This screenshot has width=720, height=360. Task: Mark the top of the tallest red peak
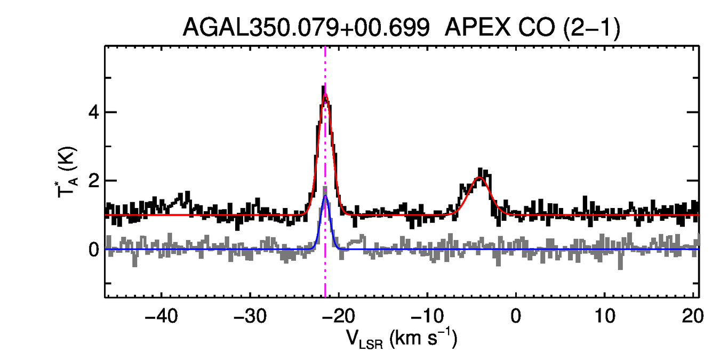click(x=325, y=95)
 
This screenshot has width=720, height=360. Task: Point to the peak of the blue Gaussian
click(x=325, y=196)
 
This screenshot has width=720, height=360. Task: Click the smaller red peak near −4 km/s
click(x=479, y=178)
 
